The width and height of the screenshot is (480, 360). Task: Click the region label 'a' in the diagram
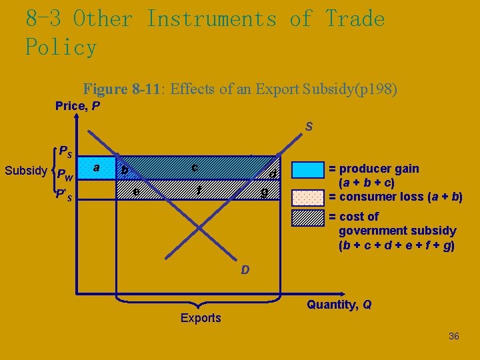tap(97, 168)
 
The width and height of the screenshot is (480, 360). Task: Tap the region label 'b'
tap(124, 171)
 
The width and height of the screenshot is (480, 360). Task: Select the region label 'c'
tap(194, 167)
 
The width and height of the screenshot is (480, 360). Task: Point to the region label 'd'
tap(273, 174)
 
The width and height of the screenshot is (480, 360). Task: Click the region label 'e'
tap(136, 192)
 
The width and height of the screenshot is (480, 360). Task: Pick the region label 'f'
tap(199, 191)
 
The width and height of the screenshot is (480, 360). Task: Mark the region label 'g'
tap(265, 193)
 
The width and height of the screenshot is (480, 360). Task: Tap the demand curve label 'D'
tap(245, 270)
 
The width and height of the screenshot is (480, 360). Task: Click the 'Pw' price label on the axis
tap(65, 176)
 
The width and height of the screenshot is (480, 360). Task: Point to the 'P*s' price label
tap(65, 196)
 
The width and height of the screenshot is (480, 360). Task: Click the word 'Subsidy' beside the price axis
tap(25, 171)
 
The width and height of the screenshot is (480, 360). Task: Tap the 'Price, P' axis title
tap(78, 106)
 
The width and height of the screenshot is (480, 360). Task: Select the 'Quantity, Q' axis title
tap(339, 305)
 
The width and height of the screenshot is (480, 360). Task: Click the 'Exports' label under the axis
tap(201, 318)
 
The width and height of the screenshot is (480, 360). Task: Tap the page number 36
tap(453, 336)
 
